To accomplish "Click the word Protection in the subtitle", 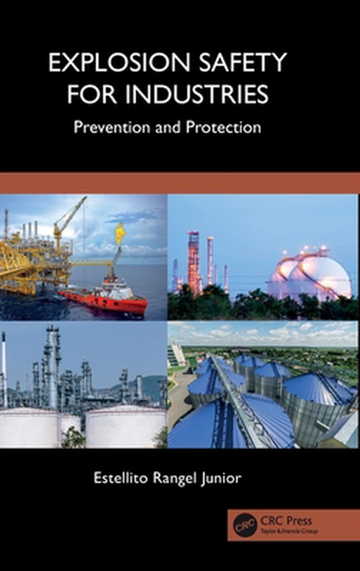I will pos(224,127).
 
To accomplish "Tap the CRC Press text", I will pos(286,521).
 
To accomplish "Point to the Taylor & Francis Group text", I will pos(288,531).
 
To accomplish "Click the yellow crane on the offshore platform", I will pos(67,220).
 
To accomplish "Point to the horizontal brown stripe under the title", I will pos(180,183).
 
